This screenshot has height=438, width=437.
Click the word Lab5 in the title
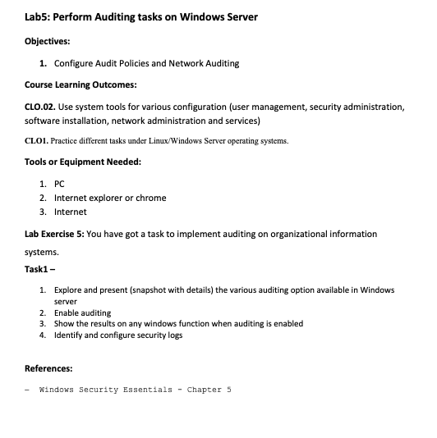(x=41, y=16)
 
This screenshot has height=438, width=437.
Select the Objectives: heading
(x=48, y=39)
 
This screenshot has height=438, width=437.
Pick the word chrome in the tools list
(x=152, y=198)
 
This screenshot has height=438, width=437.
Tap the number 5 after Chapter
(x=229, y=390)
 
